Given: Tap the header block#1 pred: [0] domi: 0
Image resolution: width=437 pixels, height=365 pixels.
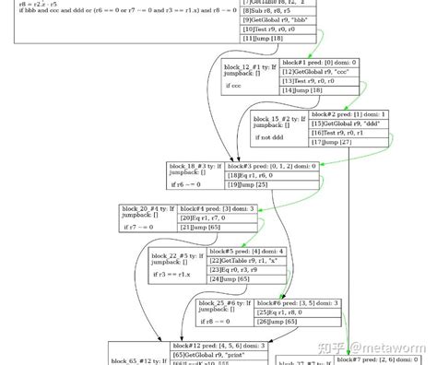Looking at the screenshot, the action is pos(319,63).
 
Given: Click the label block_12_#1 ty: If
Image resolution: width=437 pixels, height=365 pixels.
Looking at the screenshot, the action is pos(249,66).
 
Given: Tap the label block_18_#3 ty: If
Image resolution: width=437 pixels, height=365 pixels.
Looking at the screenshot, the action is pos(195,167).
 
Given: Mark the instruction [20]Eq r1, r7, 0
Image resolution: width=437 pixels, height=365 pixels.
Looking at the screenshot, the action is pos(204,218).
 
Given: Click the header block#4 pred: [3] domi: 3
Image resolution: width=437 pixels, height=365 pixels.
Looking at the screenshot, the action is pos(218,208).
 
